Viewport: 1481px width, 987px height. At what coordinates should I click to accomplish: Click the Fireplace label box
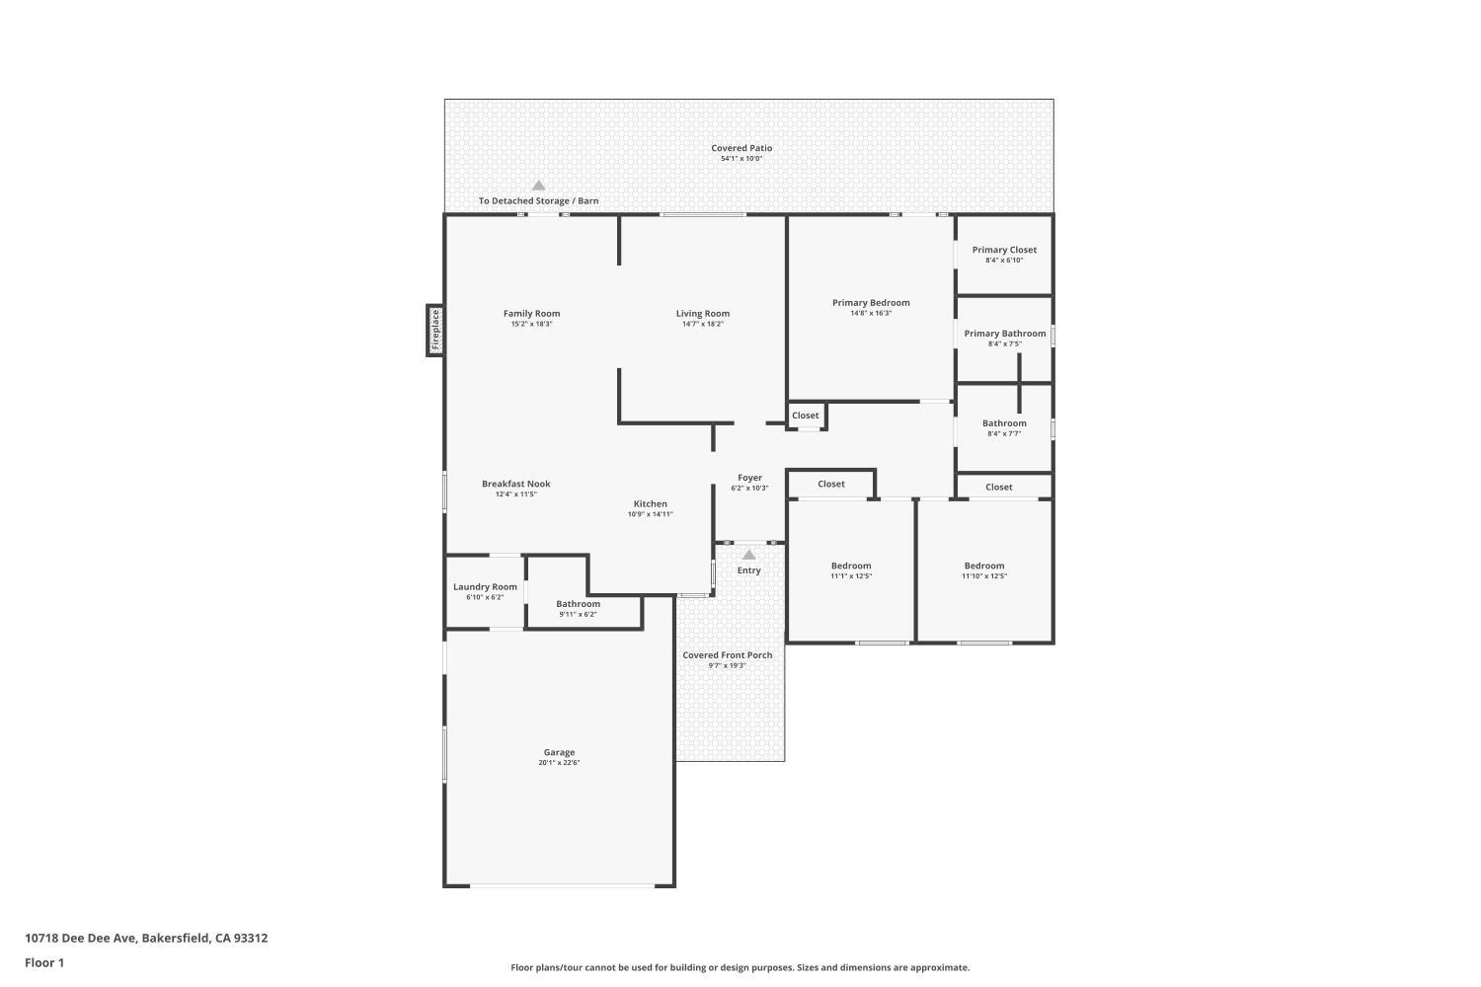click(x=435, y=330)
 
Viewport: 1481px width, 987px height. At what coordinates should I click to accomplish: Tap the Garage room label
click(x=560, y=752)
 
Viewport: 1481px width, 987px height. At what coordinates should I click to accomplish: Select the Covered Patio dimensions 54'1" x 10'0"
click(x=741, y=159)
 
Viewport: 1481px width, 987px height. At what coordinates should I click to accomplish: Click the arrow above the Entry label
click(x=749, y=555)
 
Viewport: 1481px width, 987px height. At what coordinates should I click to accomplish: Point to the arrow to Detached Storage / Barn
click(x=539, y=186)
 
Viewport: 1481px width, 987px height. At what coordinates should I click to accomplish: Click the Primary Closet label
click(x=1004, y=250)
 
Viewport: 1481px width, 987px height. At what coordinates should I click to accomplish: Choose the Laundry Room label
click(x=486, y=587)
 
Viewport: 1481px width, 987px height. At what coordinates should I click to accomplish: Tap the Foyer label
click(x=749, y=478)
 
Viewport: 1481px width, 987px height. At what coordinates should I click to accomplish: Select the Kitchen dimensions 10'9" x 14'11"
click(x=651, y=514)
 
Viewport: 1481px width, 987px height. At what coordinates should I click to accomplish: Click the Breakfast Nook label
click(x=516, y=484)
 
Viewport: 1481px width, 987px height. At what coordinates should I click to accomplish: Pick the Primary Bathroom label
click(x=1005, y=334)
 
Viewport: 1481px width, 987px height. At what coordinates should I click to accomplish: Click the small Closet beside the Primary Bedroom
click(x=807, y=417)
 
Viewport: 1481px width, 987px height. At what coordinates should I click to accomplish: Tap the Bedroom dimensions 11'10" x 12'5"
click(x=984, y=576)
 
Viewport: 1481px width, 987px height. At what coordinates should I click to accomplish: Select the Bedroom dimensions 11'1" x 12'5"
click(x=851, y=576)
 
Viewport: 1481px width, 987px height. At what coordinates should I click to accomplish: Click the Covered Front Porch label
click(x=728, y=655)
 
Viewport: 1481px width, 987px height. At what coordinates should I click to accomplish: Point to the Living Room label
click(x=703, y=314)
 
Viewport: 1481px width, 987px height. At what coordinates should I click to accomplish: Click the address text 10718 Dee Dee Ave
click(x=81, y=938)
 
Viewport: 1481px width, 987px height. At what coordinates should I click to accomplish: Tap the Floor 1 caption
click(x=44, y=962)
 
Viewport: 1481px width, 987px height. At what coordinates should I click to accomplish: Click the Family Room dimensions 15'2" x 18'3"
click(x=531, y=325)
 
